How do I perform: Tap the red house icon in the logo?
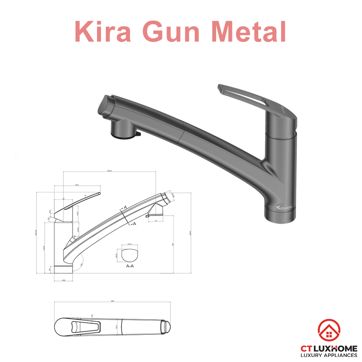(329, 331)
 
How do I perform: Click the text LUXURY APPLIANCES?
(329, 355)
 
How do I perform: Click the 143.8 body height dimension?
(43, 248)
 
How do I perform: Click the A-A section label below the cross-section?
(130, 266)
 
